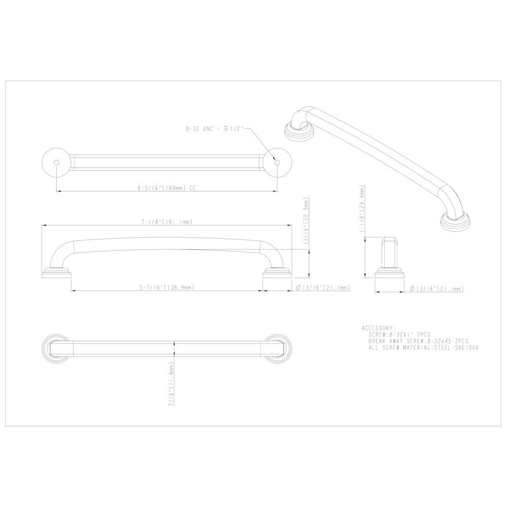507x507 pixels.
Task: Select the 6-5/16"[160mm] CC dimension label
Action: pos(167,188)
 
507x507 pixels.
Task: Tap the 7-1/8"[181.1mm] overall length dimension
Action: pos(166,222)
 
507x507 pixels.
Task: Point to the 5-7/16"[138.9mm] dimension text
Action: pos(167,287)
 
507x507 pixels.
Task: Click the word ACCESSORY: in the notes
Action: pos(378,328)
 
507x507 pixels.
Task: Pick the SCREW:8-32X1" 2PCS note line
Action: pos(397,335)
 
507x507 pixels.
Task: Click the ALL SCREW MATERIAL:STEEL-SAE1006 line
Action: pos(424,348)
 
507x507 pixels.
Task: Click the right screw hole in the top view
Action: pos(276,162)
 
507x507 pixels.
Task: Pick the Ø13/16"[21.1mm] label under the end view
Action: pos(436,288)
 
